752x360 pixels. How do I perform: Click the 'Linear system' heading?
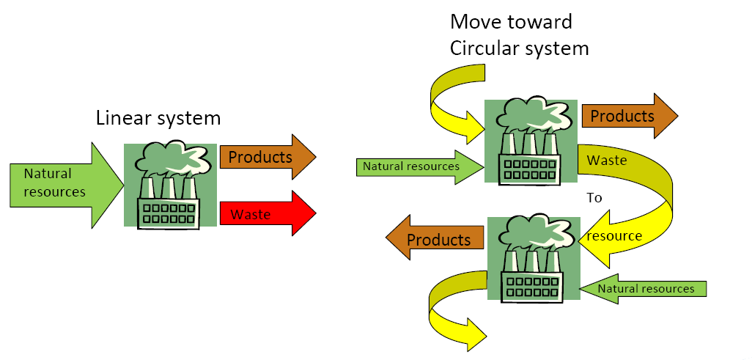pos(158,118)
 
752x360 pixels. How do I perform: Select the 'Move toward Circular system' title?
pos(519,34)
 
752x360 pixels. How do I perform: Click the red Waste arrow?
pos(268,214)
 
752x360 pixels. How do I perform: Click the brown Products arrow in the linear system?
pos(268,157)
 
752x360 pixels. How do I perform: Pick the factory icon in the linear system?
pos(170,185)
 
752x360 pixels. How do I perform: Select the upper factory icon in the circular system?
pos(531,142)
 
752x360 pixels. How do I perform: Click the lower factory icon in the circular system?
pos(533,258)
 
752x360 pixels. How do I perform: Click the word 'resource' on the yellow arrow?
pos(614,236)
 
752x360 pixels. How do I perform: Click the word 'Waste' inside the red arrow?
pos(251,215)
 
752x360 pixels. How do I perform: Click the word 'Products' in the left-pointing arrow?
pos(438,240)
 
